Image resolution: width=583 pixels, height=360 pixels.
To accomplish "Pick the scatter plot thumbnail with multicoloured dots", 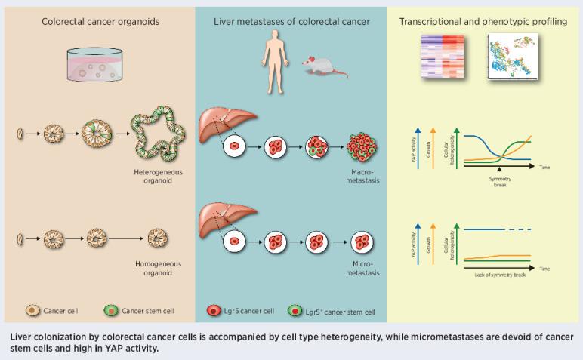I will click(511, 60).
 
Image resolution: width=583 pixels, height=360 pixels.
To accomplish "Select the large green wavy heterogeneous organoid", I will click(158, 137).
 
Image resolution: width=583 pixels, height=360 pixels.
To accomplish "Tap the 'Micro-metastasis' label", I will click(365, 269).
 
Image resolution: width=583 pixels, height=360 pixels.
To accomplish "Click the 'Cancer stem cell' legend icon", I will click(110, 310).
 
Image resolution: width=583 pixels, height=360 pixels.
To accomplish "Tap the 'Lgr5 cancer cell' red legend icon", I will click(211, 310).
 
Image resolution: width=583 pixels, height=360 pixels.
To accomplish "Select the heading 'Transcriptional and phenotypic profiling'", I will click(483, 22).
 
